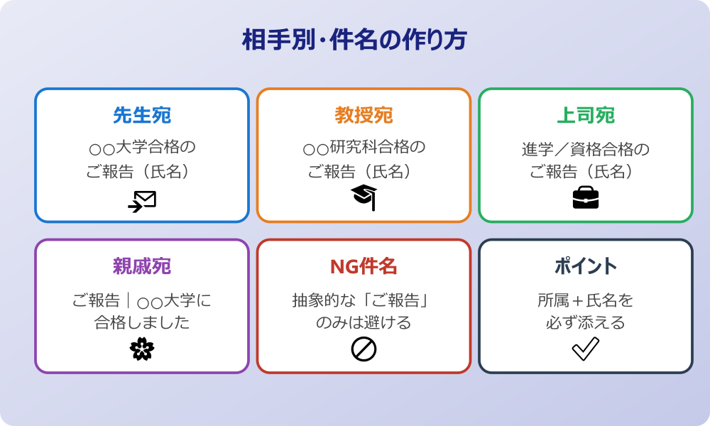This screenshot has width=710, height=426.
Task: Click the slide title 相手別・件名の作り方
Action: click(x=354, y=40)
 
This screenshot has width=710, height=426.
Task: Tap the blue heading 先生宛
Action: click(x=142, y=115)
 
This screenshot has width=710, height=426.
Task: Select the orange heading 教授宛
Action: click(x=364, y=115)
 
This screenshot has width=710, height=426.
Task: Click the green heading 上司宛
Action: click(x=585, y=115)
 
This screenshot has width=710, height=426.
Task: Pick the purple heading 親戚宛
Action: click(x=142, y=266)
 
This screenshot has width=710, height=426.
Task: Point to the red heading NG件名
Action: click(x=364, y=266)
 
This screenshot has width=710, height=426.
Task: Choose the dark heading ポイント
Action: click(x=585, y=266)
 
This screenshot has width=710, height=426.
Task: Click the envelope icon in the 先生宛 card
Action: click(x=142, y=201)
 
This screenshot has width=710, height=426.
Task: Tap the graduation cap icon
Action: click(x=364, y=197)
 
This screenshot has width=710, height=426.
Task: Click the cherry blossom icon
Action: click(x=142, y=349)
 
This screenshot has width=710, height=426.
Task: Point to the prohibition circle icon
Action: click(x=364, y=349)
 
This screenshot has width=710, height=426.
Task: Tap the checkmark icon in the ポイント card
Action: click(x=585, y=349)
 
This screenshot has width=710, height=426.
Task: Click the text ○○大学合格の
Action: click(x=142, y=149)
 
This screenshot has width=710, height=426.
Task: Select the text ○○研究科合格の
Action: click(x=364, y=149)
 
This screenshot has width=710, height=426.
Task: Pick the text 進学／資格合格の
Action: click(x=585, y=149)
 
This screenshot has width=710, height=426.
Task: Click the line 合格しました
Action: click(x=142, y=322)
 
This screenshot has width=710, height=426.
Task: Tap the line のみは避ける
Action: click(x=364, y=322)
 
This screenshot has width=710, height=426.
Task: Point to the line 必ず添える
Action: click(x=585, y=322)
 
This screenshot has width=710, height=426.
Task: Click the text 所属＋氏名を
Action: click(x=585, y=300)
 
